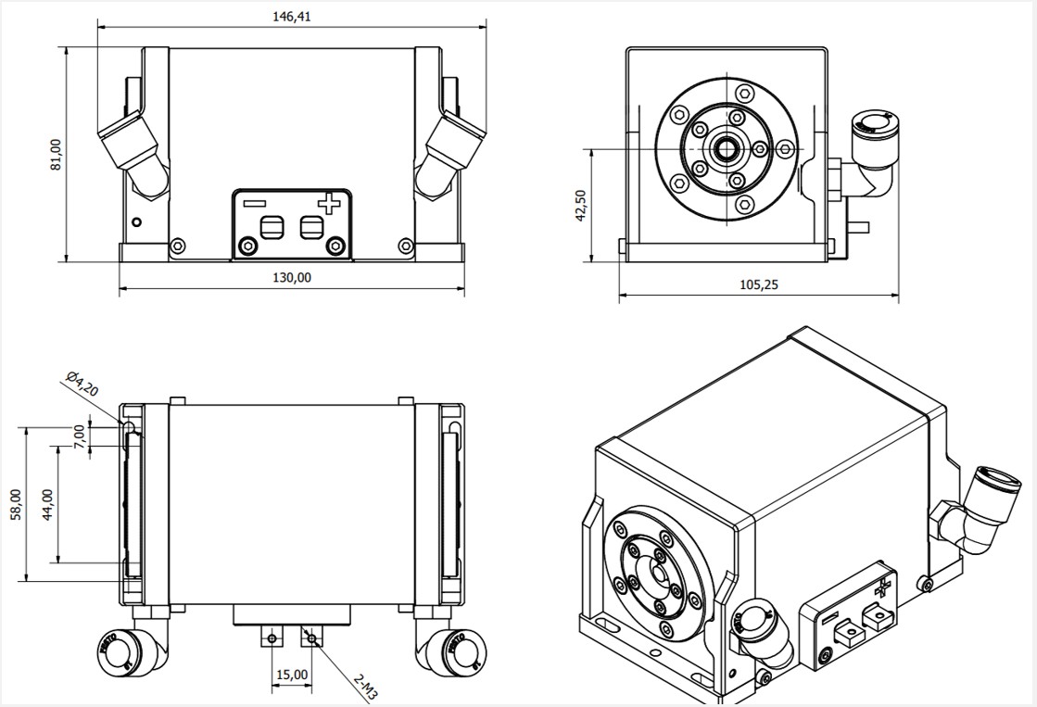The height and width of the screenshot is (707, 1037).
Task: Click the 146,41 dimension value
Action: click(x=292, y=17)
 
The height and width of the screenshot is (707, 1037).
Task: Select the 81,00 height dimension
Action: click(x=56, y=154)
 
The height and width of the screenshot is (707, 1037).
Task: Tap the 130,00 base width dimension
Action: click(x=292, y=277)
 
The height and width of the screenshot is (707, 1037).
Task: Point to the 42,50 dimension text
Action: click(x=581, y=205)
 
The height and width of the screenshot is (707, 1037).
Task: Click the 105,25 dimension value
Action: click(x=759, y=285)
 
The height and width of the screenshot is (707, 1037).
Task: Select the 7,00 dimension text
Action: click(x=81, y=436)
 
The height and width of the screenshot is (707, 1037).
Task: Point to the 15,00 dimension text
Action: click(x=292, y=675)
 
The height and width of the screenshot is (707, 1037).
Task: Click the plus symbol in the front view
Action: click(x=329, y=203)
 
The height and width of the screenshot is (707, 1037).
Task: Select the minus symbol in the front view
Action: click(x=254, y=202)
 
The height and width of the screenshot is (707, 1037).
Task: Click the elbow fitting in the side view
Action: click(x=870, y=158)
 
